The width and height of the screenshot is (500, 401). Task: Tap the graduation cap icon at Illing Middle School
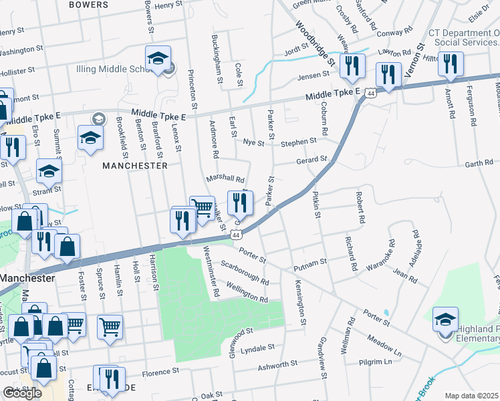pyautogui.click(x=158, y=59)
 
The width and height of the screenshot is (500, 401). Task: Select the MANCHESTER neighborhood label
pyautogui.click(x=135, y=165)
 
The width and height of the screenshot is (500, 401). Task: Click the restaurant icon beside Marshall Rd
pyautogui.click(x=240, y=203)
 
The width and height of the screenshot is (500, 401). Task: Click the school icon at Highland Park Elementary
pyautogui.click(x=445, y=320)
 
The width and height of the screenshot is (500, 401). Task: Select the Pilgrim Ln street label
pyautogui.click(x=375, y=362)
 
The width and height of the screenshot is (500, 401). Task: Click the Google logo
pyautogui.click(x=23, y=393)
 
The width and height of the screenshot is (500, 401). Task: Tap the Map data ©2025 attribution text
pyautogui.click(x=472, y=396)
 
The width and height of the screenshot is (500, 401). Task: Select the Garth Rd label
pyautogui.click(x=479, y=163)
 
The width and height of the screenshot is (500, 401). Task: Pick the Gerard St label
pyautogui.click(x=313, y=160)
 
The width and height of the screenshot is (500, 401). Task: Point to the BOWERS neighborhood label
pyautogui.click(x=88, y=5)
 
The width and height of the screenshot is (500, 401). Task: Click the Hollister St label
pyautogui.click(x=17, y=71)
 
